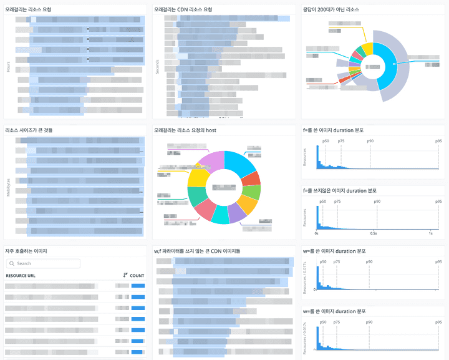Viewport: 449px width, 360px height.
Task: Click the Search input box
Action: coord(44,263)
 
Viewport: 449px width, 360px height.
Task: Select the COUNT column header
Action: coord(137,275)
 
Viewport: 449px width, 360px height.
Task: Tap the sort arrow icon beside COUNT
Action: coord(125,275)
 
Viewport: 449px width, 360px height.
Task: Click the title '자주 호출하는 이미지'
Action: coord(26,251)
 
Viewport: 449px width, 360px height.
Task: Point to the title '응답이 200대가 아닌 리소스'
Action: coord(339,9)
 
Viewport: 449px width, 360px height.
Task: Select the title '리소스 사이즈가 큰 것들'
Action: coord(29,130)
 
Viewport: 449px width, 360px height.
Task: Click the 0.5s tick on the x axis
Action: coord(374,233)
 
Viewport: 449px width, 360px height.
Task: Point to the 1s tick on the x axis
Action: coord(431,233)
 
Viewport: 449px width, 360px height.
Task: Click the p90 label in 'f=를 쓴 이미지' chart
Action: coord(370,142)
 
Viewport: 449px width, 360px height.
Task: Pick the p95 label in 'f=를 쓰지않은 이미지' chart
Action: coord(438,202)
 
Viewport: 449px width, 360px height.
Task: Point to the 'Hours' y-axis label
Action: coord(8,66)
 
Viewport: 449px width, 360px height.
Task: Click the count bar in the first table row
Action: coord(138,285)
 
